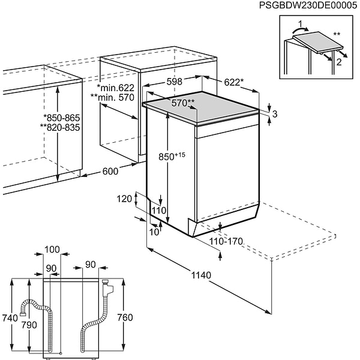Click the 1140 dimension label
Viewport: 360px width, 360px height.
[201, 275]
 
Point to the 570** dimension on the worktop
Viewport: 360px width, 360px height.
[183, 103]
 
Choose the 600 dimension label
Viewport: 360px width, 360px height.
[110, 171]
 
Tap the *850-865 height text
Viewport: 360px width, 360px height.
[62, 118]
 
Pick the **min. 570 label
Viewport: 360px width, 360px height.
[112, 97]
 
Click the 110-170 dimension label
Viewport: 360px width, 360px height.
[226, 241]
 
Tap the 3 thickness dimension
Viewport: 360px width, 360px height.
[274, 114]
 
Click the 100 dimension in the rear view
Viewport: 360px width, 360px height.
[52, 249]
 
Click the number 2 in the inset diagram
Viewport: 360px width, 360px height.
[340, 62]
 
